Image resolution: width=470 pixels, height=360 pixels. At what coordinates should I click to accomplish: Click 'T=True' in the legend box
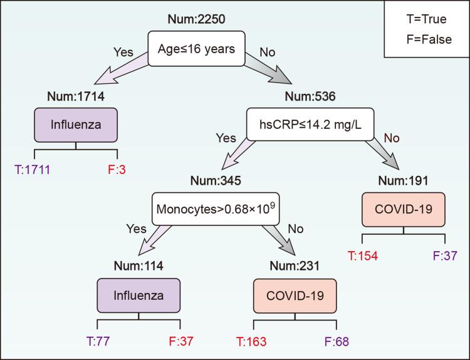(x=426, y=19)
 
